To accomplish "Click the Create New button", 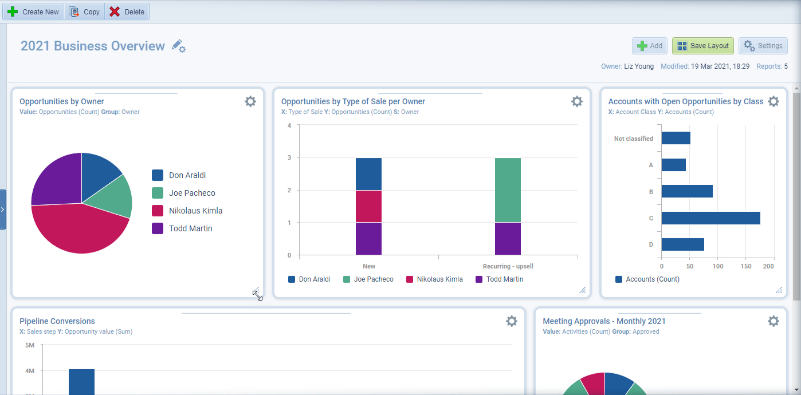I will coord(34,12).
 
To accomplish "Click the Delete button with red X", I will coord(127,12).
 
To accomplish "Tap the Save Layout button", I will coord(702,46).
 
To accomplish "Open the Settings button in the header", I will coord(763,46).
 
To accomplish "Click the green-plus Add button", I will coord(650,46).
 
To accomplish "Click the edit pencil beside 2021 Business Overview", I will coord(178,46).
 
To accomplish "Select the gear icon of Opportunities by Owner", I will coord(250,101).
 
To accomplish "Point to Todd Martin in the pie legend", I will coord(190,228).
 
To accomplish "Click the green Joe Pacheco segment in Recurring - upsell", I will coord(508,190).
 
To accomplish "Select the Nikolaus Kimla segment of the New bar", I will coord(368,206).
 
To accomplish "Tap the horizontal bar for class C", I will coord(710,218).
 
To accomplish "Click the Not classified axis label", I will coord(633,139).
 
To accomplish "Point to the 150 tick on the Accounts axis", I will coord(745,266).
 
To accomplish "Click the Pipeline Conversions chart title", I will coord(57,321).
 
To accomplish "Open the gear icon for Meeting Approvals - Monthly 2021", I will coord(773,321).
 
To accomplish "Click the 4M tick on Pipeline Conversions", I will coord(30,371).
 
